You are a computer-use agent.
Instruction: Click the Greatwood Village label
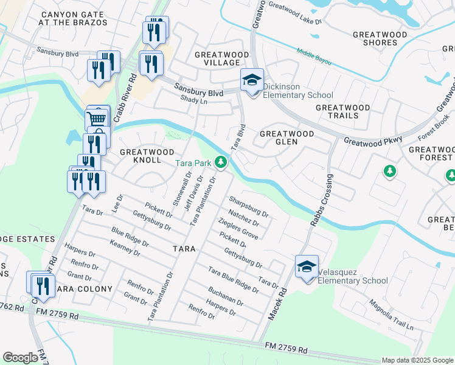pyautogui.click(x=221, y=58)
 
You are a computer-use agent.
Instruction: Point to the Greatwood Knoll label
pyautogui.click(x=147, y=155)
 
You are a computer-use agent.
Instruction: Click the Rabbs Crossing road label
pyautogui.click(x=322, y=201)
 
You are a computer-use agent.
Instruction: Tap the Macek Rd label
pyautogui.click(x=276, y=305)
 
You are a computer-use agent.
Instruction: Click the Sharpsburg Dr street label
pyautogui.click(x=248, y=206)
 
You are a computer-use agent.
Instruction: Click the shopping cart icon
pyautogui.click(x=97, y=119)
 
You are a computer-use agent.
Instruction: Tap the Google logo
pyautogui.click(x=20, y=358)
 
